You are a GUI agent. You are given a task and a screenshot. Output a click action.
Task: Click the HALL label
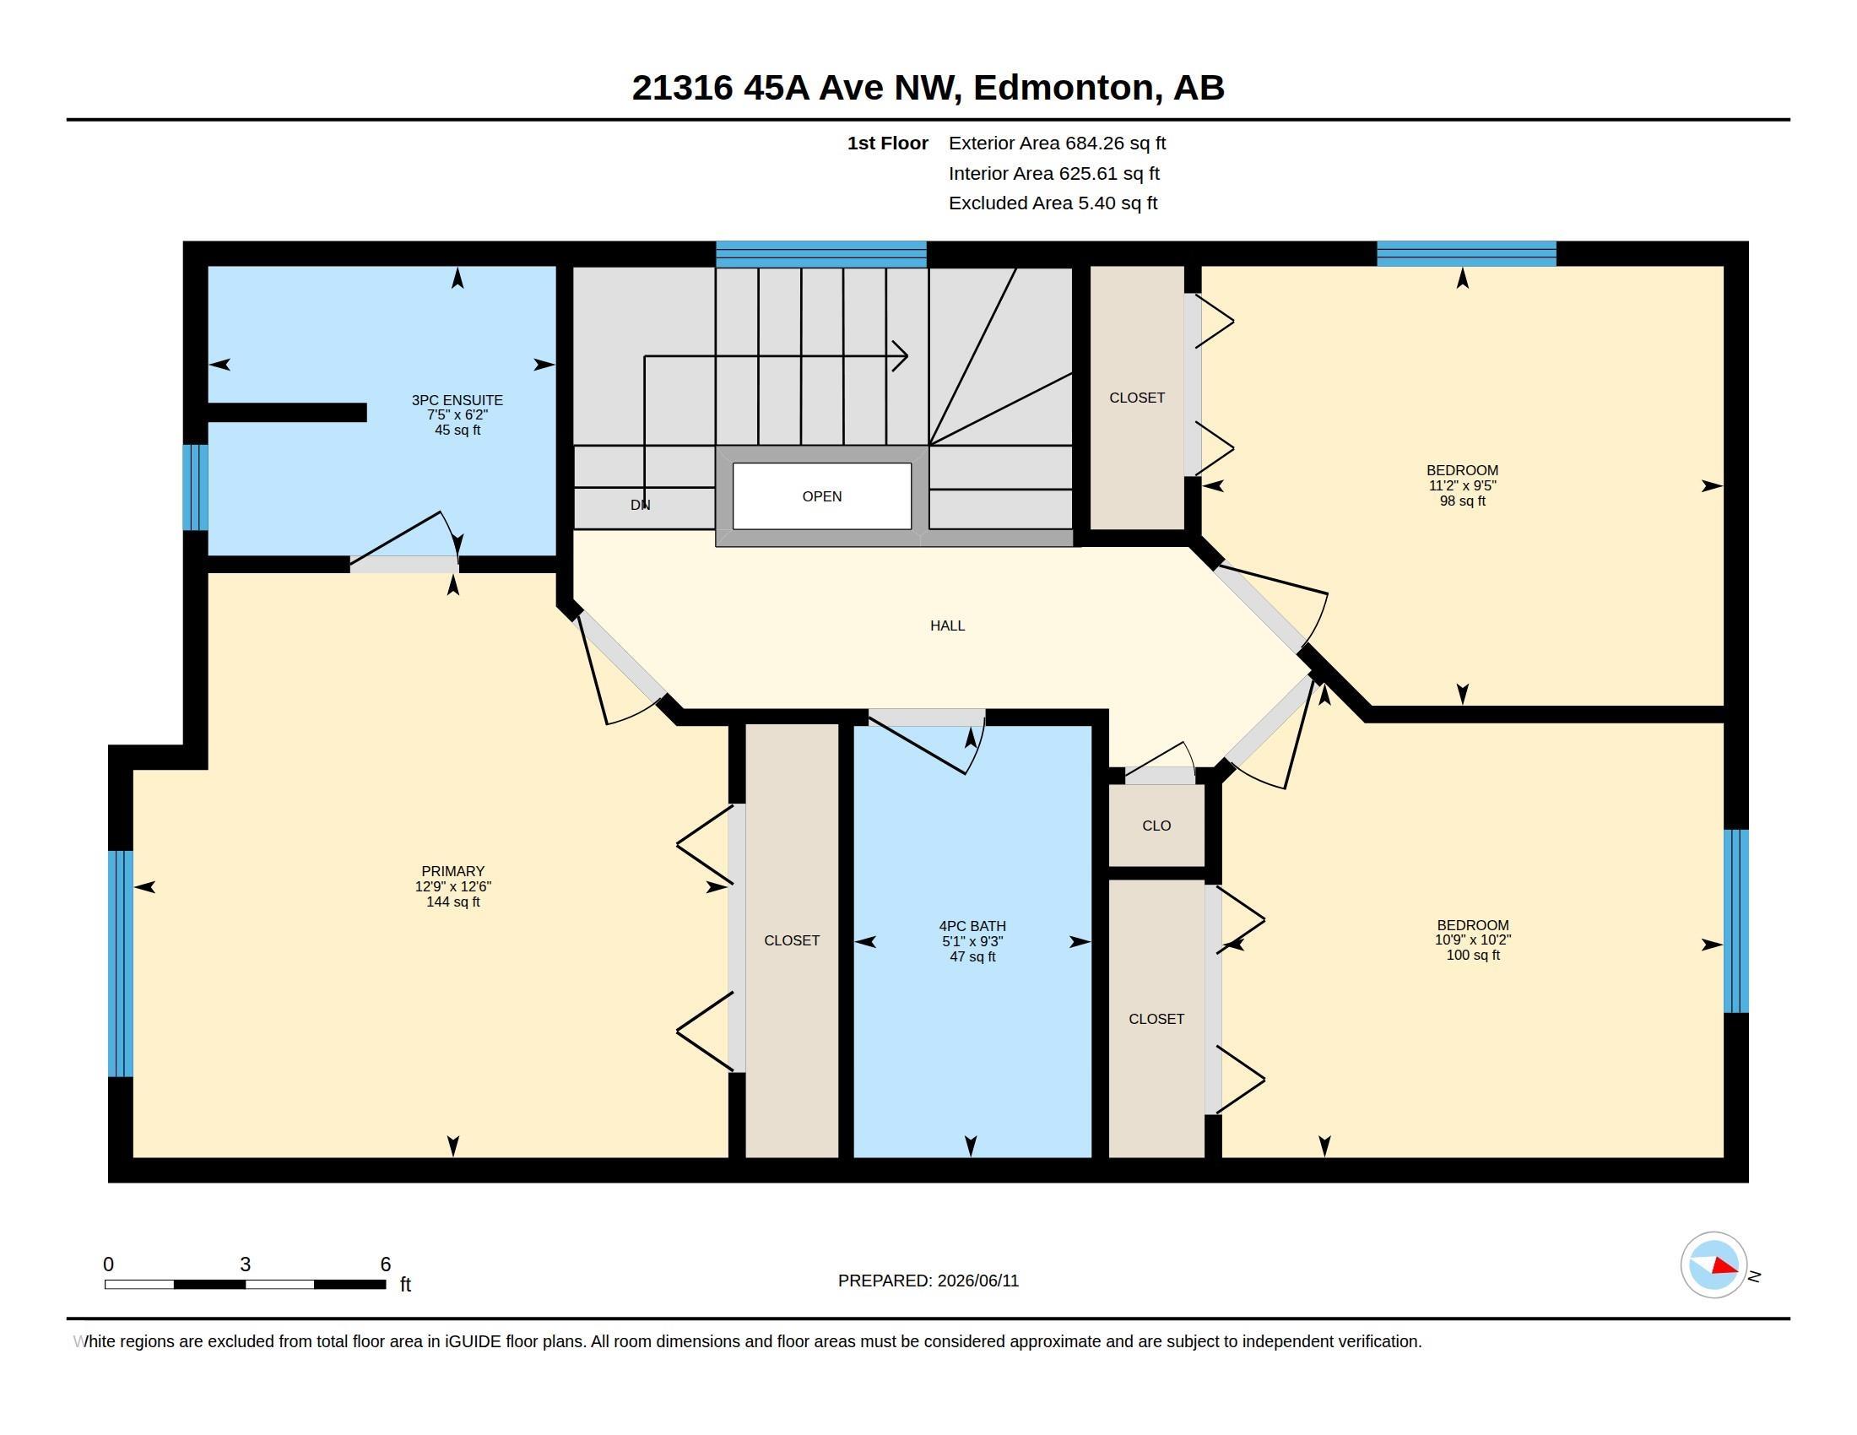pyautogui.click(x=947, y=625)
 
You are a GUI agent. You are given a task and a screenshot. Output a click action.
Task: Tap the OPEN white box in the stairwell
pyautogui.click(x=821, y=495)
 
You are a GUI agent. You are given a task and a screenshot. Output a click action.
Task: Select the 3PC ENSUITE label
pyautogui.click(x=457, y=399)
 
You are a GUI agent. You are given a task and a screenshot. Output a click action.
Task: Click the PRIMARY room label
pyautogui.click(x=453, y=871)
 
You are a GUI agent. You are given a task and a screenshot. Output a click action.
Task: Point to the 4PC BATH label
pyautogui.click(x=972, y=926)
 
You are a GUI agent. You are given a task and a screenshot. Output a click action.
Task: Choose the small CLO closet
pyautogui.click(x=1156, y=826)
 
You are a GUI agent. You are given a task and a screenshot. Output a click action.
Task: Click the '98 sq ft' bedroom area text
pyautogui.click(x=1463, y=501)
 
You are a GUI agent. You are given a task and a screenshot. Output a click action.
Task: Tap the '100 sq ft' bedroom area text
pyautogui.click(x=1473, y=955)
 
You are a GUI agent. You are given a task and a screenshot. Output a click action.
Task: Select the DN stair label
pyautogui.click(x=641, y=505)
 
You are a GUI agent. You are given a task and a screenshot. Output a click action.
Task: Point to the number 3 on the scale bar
pyautogui.click(x=245, y=1264)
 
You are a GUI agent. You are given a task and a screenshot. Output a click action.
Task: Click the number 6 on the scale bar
pyautogui.click(x=385, y=1264)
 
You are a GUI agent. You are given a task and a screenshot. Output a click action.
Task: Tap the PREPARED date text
pyautogui.click(x=928, y=1281)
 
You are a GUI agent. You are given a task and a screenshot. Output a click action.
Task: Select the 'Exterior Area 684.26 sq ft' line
pyautogui.click(x=1057, y=143)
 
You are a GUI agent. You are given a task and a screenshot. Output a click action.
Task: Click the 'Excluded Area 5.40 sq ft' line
pyautogui.click(x=1053, y=203)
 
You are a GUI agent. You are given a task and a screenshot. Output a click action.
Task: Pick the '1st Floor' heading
pyautogui.click(x=888, y=143)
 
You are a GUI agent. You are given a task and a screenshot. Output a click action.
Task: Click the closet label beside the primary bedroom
pyautogui.click(x=792, y=940)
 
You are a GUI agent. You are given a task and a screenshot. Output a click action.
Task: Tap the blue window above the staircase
pyautogui.click(x=820, y=254)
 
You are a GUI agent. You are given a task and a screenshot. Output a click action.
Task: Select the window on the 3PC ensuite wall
pyautogui.click(x=196, y=487)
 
